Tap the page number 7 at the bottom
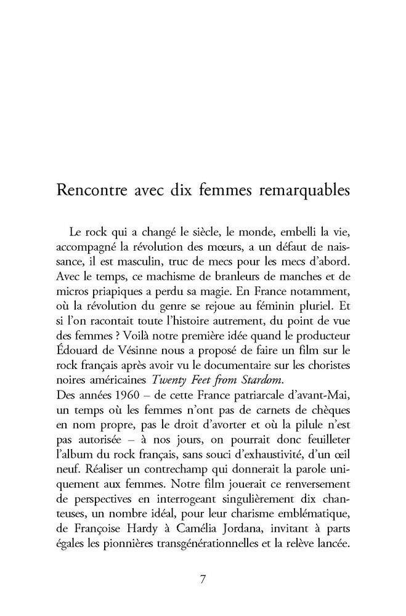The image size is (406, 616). click(x=203, y=580)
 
